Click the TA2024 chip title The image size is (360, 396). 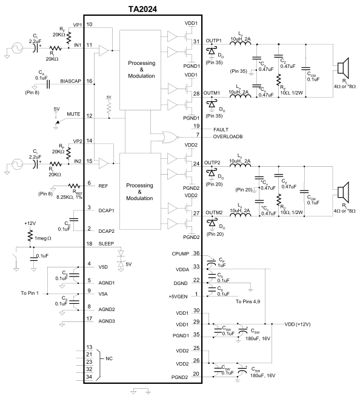tap(142, 9)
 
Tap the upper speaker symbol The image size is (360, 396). tap(343, 68)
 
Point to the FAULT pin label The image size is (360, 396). tap(221, 130)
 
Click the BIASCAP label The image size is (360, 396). tap(71, 81)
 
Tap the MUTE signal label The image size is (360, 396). tap(73, 114)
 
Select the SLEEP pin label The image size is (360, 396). tap(106, 244)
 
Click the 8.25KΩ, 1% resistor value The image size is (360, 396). tap(70, 197)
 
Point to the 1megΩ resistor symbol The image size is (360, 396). tap(30, 235)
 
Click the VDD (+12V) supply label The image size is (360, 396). tap(298, 324)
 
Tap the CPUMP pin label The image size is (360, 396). tap(180, 254)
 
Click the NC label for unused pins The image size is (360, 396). tap(109, 358)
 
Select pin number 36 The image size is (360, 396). tap(196, 253)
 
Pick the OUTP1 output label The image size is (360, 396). tap(213, 41)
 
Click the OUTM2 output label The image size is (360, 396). tap(214, 213)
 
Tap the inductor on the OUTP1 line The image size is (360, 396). tap(241, 43)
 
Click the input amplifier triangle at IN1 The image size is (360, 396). tap(104, 50)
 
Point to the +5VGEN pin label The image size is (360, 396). tap(178, 297)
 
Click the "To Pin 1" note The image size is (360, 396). tap(30, 293)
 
